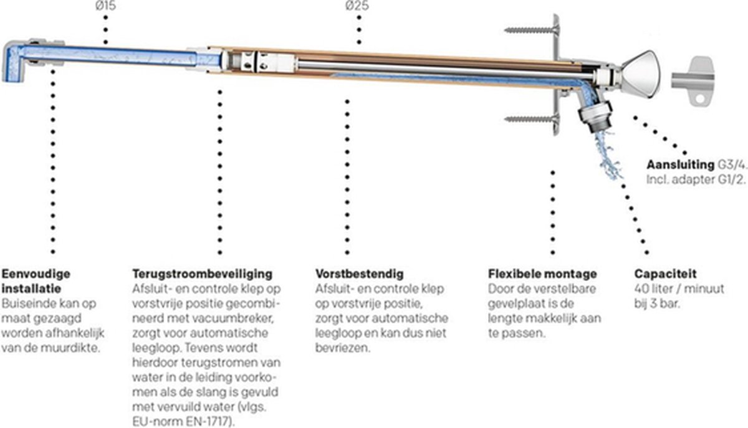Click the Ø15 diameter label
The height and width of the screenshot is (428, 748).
(x=105, y=6)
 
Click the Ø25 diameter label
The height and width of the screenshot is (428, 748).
(x=357, y=6)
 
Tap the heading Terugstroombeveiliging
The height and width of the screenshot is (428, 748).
(x=203, y=273)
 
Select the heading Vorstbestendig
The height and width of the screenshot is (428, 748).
(x=359, y=273)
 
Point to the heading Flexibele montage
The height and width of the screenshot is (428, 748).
(x=542, y=273)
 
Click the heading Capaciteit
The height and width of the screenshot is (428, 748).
(x=665, y=273)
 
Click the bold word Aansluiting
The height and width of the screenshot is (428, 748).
(x=680, y=164)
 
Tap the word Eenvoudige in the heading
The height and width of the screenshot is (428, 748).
(x=36, y=273)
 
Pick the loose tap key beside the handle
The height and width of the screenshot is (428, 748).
(x=693, y=82)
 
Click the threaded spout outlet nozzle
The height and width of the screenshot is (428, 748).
(x=596, y=117)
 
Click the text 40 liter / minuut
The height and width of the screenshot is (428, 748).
(x=679, y=288)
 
